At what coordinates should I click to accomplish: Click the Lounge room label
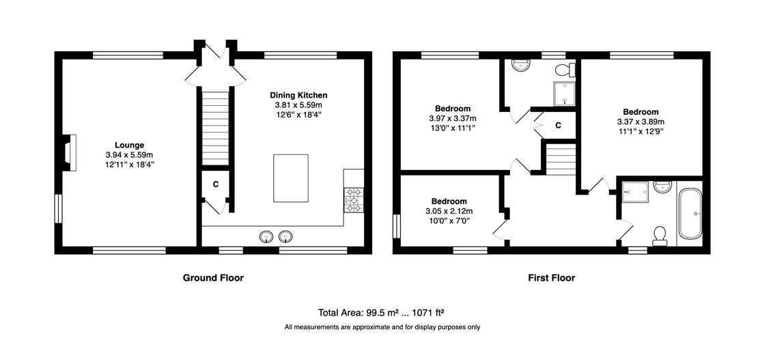coord(130,145)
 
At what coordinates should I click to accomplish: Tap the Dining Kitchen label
coord(298,95)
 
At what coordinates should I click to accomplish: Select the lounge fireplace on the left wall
coord(68,153)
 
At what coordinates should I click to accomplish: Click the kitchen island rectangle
coord(291,178)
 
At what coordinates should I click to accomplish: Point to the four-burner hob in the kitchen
coord(353,199)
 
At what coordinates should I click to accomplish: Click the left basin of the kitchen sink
coord(266,237)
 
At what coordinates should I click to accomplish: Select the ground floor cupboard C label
coord(215,184)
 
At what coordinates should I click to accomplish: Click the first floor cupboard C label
coord(558,125)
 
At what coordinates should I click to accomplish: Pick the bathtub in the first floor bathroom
coord(690,214)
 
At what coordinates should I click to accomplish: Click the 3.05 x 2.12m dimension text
coord(449,211)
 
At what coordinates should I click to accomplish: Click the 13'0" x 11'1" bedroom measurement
coord(453,128)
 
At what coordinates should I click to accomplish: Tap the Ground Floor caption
coord(214,278)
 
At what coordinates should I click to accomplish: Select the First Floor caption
coord(552,278)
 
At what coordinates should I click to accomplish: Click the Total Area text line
coord(382,312)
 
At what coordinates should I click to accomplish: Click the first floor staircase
coord(561,158)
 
